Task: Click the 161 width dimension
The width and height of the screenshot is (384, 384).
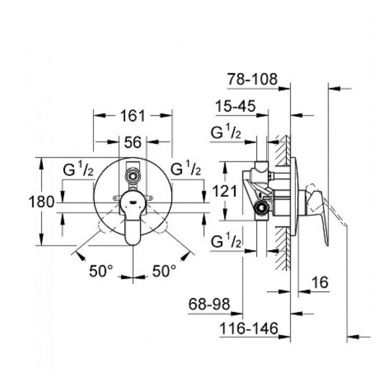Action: tap(132, 116)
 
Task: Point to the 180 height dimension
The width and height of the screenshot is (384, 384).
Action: tap(41, 202)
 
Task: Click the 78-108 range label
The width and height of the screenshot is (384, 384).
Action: tap(253, 80)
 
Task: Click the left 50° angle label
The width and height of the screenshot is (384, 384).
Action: tap(101, 270)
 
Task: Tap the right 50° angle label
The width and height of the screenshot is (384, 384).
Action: tap(164, 270)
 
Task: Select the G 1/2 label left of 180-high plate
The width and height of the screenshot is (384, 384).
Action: tap(78, 170)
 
